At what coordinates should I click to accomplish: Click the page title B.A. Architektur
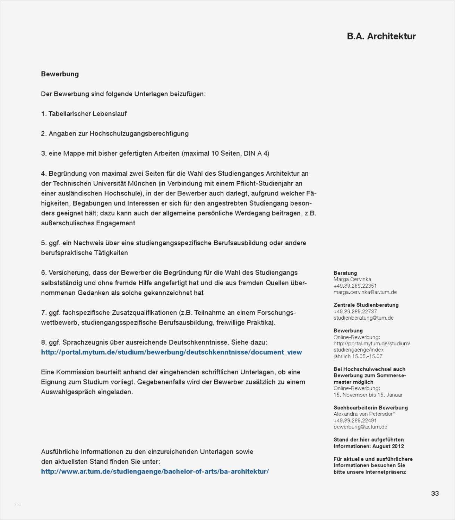381,36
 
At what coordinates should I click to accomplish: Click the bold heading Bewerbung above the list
60,74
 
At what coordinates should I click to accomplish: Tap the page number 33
435,493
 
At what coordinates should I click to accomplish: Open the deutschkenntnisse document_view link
171,352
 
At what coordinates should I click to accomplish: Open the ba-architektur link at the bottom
155,471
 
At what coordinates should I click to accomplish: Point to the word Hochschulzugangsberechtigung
139,133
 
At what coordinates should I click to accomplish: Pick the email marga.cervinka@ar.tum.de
365,292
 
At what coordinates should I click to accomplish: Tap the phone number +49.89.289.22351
355,286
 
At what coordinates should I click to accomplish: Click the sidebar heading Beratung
345,273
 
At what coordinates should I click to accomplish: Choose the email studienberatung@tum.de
363,318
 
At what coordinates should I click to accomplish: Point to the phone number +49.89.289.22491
355,421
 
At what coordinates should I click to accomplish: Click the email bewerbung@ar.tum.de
360,427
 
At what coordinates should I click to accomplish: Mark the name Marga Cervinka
352,279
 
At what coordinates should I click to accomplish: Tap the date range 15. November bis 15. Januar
368,395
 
